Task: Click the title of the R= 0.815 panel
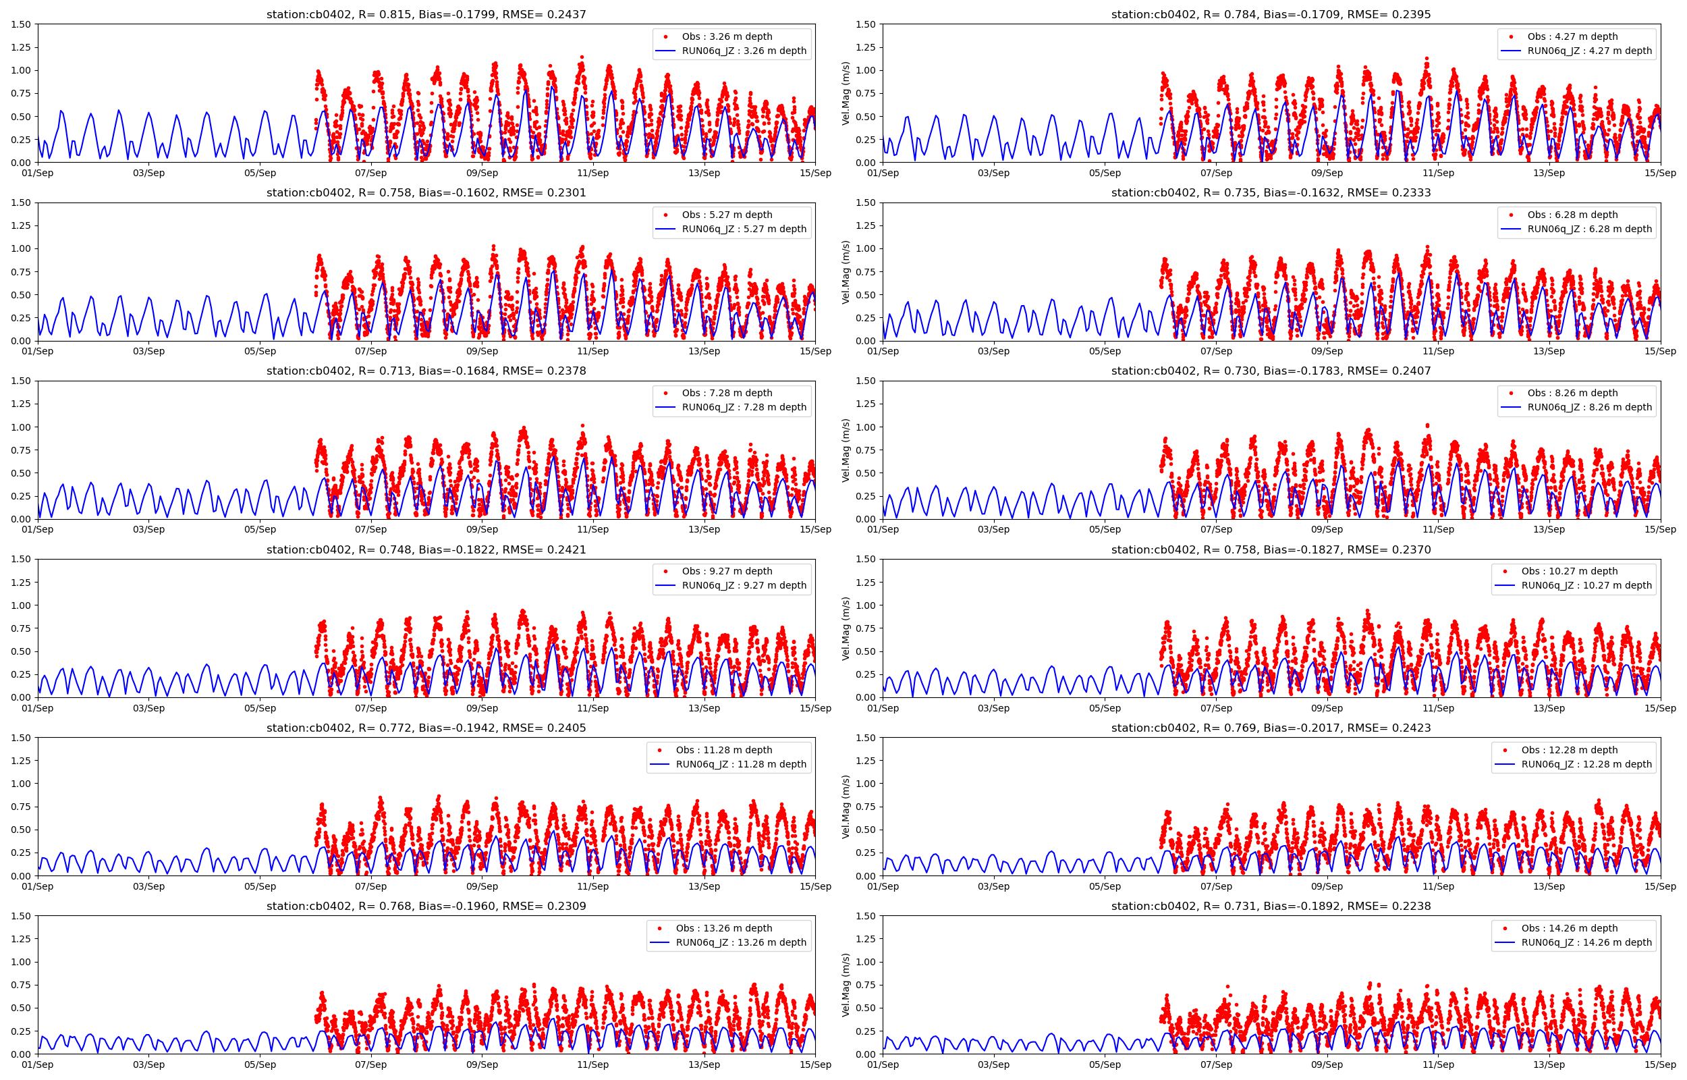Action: pos(426,14)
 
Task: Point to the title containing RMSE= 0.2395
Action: pos(1271,14)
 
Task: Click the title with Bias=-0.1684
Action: pos(426,371)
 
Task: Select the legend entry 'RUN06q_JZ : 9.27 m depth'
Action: pos(744,585)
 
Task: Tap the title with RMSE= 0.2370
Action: pos(1271,550)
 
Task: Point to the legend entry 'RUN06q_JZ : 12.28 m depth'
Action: pos(1586,763)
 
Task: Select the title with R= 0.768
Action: pos(426,906)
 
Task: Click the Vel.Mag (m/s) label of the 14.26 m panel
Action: pos(846,985)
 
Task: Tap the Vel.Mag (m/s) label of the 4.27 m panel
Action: pos(846,93)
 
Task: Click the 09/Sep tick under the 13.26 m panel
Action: pos(482,1064)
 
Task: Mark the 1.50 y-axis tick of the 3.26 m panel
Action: pos(21,24)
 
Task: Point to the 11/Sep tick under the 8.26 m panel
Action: pos(1437,529)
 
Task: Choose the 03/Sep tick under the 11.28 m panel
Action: pos(148,886)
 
